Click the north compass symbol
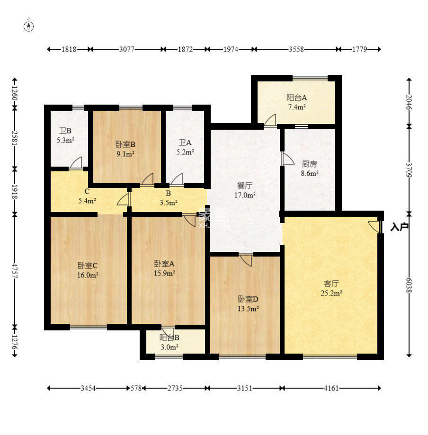pyautogui.click(x=28, y=27)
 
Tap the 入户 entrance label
pyautogui.click(x=400, y=227)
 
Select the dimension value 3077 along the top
pyautogui.click(x=127, y=49)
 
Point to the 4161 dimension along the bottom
pyautogui.click(x=331, y=388)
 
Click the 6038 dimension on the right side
pyautogui.click(x=409, y=285)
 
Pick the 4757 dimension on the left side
pyautogui.click(x=15, y=271)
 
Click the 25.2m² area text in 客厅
pyautogui.click(x=331, y=293)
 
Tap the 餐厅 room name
pyautogui.click(x=244, y=186)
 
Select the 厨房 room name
pyautogui.click(x=309, y=164)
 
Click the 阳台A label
pyautogui.click(x=296, y=98)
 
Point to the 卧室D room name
pyautogui.click(x=248, y=299)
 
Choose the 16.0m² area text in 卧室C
pyautogui.click(x=88, y=275)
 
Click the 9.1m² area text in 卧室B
pyautogui.click(x=125, y=154)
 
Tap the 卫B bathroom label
pyautogui.click(x=65, y=131)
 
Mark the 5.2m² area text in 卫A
pyautogui.click(x=185, y=152)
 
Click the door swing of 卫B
pyautogui.click(x=76, y=162)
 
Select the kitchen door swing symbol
pyautogui.click(x=287, y=159)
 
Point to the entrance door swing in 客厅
pyautogui.click(x=374, y=227)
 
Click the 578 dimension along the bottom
pyautogui.click(x=136, y=388)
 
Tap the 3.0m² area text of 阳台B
pyautogui.click(x=169, y=347)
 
